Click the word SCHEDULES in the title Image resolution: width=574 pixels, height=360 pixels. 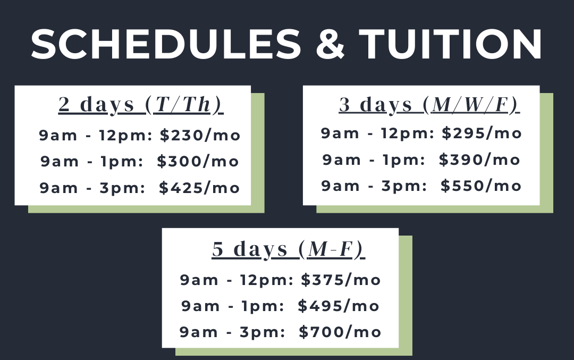coord(166,44)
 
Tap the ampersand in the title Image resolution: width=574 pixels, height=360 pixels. coord(330,44)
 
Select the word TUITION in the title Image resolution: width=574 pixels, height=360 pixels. coord(450,44)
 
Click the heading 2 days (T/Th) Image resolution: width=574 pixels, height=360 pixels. coord(141,105)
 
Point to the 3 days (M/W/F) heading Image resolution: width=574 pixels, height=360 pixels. coord(429,105)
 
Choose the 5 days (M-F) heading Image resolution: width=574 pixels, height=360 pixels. coord(289,249)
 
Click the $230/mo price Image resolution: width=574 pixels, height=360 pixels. coord(200,136)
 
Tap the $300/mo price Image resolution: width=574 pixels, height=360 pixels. coord(198,162)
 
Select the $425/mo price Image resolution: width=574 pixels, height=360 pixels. coord(199,188)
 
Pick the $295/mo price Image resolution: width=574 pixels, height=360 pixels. coord(482,133)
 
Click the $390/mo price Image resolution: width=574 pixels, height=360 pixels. coord(479,160)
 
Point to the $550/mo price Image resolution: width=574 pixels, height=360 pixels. coord(481,186)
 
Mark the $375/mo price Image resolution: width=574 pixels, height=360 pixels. coord(341,280)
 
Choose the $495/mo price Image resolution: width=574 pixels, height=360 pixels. coord(339,306)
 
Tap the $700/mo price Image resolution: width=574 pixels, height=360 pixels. coord(340,332)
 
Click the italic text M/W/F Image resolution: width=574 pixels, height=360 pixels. coord(470,105)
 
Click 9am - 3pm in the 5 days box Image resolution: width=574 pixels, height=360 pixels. coord(232,332)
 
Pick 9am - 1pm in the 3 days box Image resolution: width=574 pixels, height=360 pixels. coord(374,160)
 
